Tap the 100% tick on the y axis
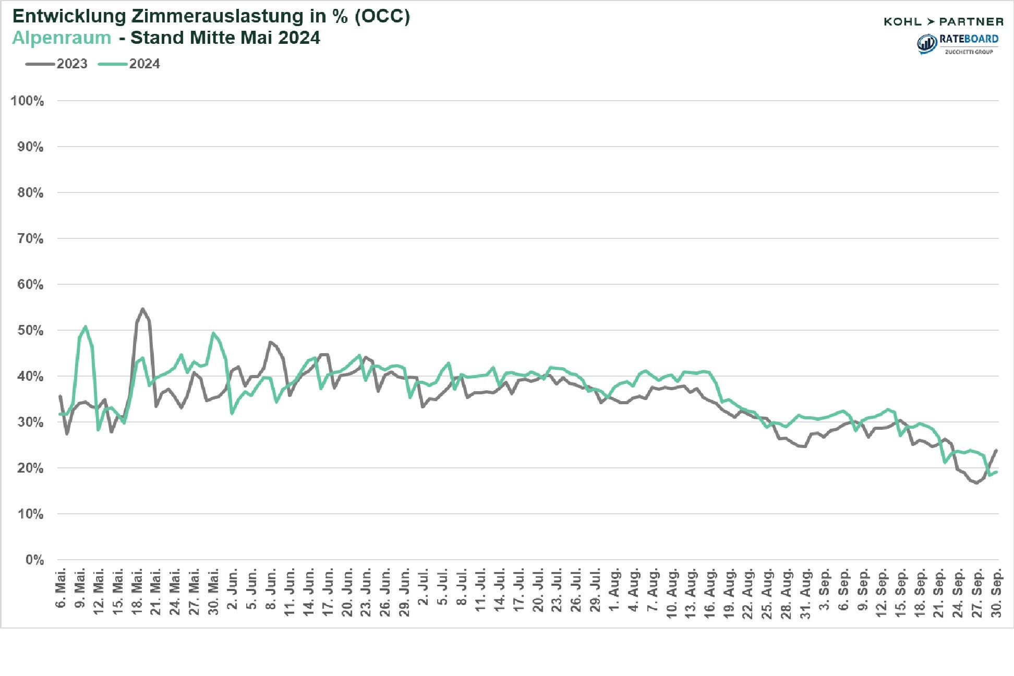[x=27, y=101]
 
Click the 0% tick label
[x=34, y=560]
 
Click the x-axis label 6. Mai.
[x=61, y=588]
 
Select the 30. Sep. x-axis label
[x=996, y=594]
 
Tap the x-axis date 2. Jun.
[x=233, y=588]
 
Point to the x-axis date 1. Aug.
[x=615, y=589]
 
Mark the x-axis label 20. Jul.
[x=538, y=591]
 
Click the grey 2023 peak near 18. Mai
[x=142, y=309]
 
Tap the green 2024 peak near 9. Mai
[x=86, y=327]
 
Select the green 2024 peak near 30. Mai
[x=213, y=333]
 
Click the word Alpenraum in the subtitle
[x=62, y=38]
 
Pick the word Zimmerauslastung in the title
[x=217, y=16]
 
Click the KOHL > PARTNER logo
[x=944, y=21]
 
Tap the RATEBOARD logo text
[x=969, y=40]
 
